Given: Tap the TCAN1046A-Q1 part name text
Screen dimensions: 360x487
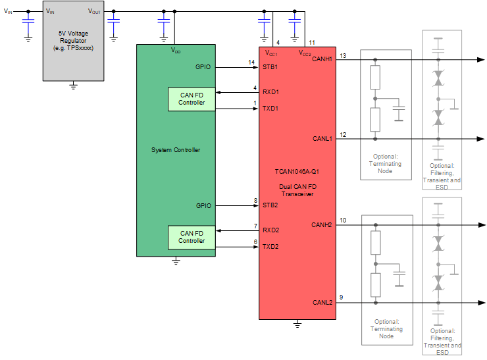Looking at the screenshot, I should click(297, 170).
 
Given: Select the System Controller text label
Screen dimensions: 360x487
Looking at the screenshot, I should click(175, 150).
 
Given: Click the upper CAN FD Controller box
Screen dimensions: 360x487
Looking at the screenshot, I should click(192, 99).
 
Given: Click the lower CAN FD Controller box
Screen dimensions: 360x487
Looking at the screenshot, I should click(192, 237).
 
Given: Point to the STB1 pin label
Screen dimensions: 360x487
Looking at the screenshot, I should click(270, 67).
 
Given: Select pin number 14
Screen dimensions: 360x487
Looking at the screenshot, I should click(251, 63).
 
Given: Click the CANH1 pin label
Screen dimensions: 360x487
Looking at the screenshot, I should click(322, 60).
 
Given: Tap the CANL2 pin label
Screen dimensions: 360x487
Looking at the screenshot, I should click(322, 303).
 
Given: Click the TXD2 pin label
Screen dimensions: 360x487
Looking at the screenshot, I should click(270, 247).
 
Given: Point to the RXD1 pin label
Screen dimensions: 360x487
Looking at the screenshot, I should click(270, 92).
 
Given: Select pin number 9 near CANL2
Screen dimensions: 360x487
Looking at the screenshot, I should click(341, 297).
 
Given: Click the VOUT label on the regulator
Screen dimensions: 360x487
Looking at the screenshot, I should click(95, 12).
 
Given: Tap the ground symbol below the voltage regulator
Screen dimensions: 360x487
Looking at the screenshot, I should click(73, 85).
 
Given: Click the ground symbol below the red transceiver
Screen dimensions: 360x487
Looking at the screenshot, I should click(297, 324).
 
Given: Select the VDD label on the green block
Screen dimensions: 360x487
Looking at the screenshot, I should click(175, 50).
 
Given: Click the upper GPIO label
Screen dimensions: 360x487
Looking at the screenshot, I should click(203, 67).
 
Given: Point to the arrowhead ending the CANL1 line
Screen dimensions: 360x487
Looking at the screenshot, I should click(480, 139).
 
